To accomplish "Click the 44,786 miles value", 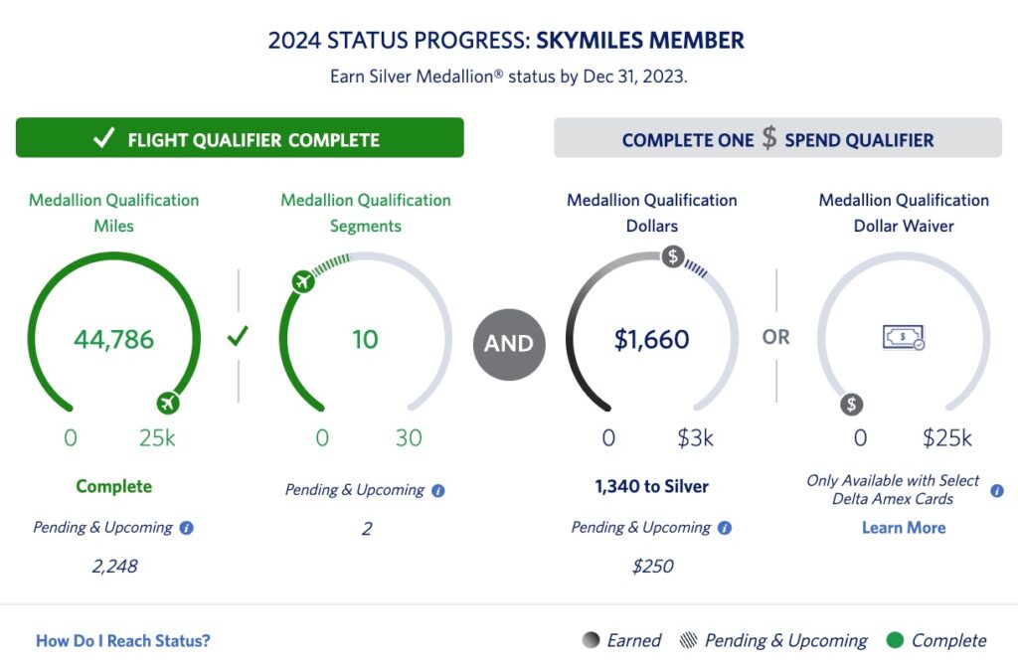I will pyautogui.click(x=113, y=340).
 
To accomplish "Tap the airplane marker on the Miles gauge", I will pyautogui.click(x=170, y=404).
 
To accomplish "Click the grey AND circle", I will pyautogui.click(x=510, y=344).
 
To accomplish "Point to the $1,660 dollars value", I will pyautogui.click(x=651, y=340).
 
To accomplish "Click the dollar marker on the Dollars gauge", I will pyautogui.click(x=673, y=257).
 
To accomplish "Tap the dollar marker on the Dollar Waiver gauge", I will pyautogui.click(x=852, y=405).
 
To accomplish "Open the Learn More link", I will pyautogui.click(x=904, y=528).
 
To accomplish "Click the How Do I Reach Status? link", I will pyautogui.click(x=123, y=641).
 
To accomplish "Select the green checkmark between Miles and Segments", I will pyautogui.click(x=238, y=337).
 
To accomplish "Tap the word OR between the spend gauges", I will pyautogui.click(x=776, y=338).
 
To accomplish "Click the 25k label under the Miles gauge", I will pyautogui.click(x=157, y=438).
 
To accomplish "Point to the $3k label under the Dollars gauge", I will pyautogui.click(x=695, y=438).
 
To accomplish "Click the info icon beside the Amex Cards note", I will pyautogui.click(x=997, y=491).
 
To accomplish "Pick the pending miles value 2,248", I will pyautogui.click(x=113, y=567).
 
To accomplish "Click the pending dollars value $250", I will pyautogui.click(x=652, y=567).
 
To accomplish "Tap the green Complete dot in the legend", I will pyautogui.click(x=895, y=641).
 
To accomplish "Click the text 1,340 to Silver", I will pyautogui.click(x=652, y=487).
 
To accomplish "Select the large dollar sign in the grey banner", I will pyautogui.click(x=769, y=138).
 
